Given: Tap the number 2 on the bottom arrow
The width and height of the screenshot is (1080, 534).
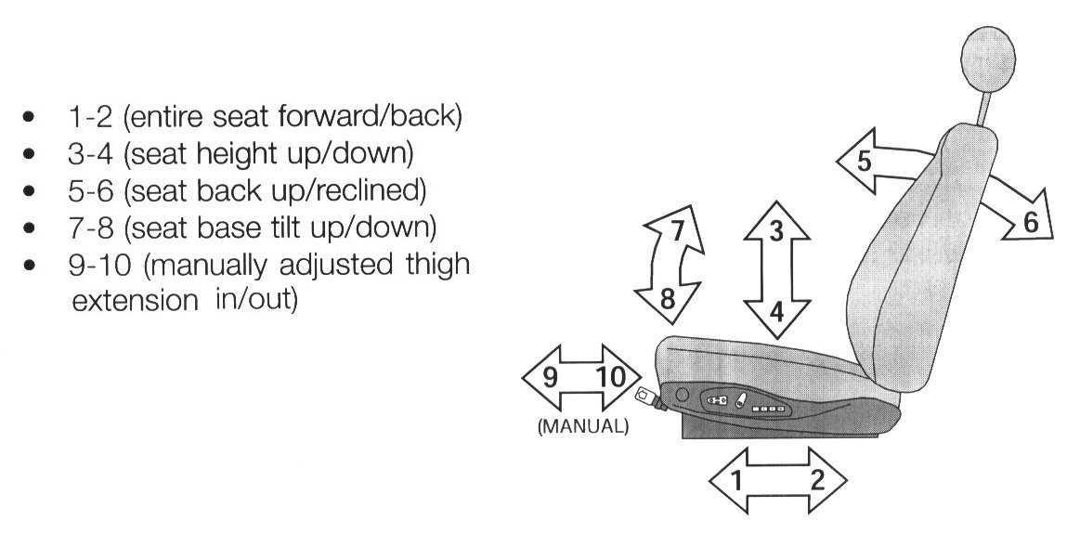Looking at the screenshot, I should point(817,480).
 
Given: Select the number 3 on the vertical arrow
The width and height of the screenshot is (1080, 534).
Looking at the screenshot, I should point(777,231).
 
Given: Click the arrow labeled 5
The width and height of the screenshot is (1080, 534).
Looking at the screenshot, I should point(873,163).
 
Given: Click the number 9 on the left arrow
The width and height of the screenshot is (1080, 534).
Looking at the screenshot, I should point(550,378).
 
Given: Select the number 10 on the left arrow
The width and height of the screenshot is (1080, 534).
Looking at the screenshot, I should point(610,378).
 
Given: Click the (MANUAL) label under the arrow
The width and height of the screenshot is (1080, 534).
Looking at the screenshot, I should point(583,427).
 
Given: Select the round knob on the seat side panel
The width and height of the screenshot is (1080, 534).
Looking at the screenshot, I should point(683,395).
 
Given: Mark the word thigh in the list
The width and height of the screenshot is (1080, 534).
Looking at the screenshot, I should point(433,265).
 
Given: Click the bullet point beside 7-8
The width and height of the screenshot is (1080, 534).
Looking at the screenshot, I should point(33,228).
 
